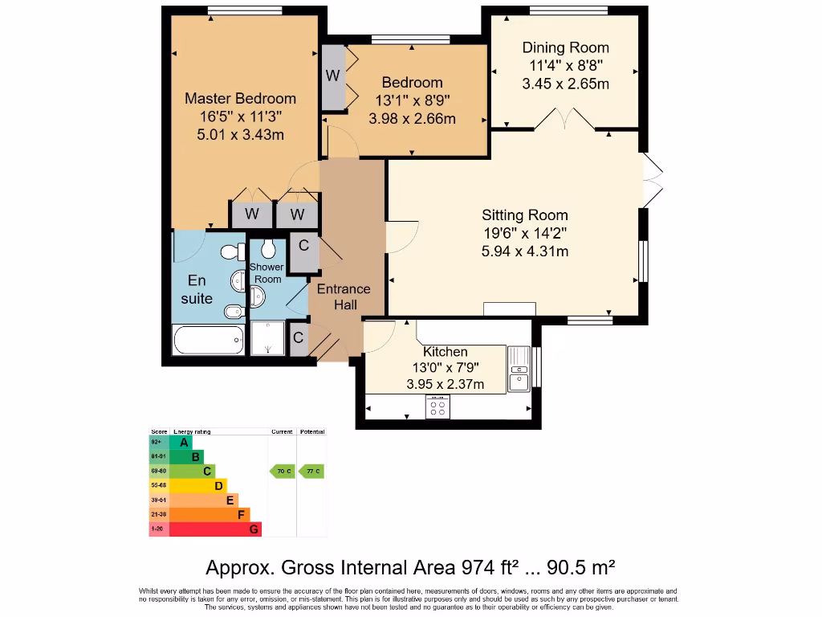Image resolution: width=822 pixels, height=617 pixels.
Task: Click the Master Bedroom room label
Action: [240, 99]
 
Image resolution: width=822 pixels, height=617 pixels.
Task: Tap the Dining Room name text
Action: [565, 47]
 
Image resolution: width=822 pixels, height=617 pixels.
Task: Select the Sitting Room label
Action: [524, 215]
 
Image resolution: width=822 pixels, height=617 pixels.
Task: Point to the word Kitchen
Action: [445, 352]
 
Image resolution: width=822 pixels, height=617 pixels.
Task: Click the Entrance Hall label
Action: [344, 296]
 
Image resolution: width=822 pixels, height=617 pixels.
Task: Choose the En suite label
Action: [196, 289]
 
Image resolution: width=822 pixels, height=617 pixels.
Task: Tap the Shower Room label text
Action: [266, 273]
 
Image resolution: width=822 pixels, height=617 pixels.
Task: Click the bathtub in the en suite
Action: [208, 340]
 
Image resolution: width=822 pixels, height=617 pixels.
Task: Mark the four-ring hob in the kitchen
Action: [437, 407]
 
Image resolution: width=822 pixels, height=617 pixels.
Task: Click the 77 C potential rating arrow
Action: [311, 471]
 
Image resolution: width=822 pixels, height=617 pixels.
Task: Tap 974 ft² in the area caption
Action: [490, 568]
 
